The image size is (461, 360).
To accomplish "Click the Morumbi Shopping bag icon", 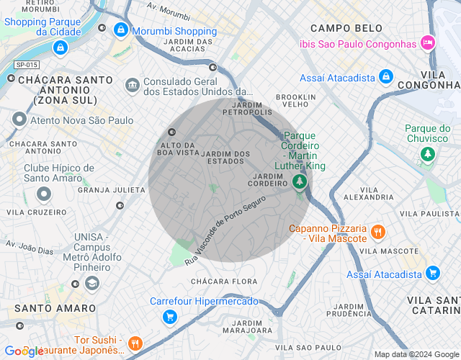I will (120, 30).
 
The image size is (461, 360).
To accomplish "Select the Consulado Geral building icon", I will (132, 86).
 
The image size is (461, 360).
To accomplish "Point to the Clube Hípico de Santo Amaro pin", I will (44, 194).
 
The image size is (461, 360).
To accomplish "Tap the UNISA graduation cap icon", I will (91, 283).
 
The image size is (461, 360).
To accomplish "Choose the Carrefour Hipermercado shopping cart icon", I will (169, 317).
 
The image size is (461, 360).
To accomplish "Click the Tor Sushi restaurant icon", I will (135, 343).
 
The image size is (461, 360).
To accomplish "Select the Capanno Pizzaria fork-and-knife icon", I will (378, 233).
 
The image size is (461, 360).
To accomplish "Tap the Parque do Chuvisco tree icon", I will (428, 154).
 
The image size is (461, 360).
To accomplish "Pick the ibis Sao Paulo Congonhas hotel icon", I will (428, 42).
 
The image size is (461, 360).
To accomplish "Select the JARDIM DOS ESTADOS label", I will (226, 157).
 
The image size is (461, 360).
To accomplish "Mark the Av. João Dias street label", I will (30, 247).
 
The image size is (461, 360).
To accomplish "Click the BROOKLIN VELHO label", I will (296, 100).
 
